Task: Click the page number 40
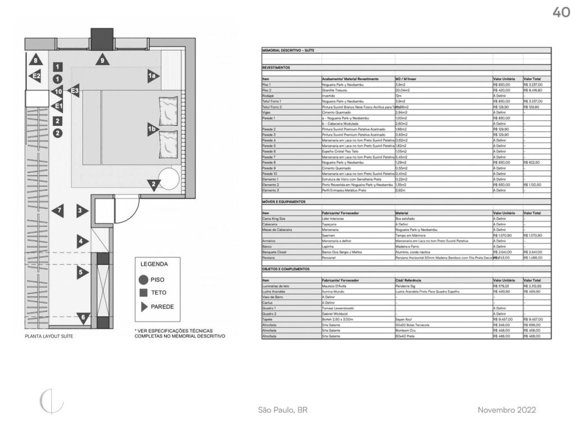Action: point(561,12)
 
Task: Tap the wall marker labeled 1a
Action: point(151,75)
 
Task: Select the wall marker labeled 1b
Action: point(152,129)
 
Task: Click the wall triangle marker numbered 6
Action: point(83,318)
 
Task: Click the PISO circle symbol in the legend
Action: point(143,279)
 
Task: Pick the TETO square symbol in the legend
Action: point(143,292)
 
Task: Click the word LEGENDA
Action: point(154,264)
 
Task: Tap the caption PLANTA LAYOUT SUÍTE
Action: point(49,337)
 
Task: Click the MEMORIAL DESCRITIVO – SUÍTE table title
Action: point(288,51)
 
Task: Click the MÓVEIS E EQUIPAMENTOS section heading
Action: point(284,201)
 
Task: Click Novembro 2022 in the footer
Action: point(507,410)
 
